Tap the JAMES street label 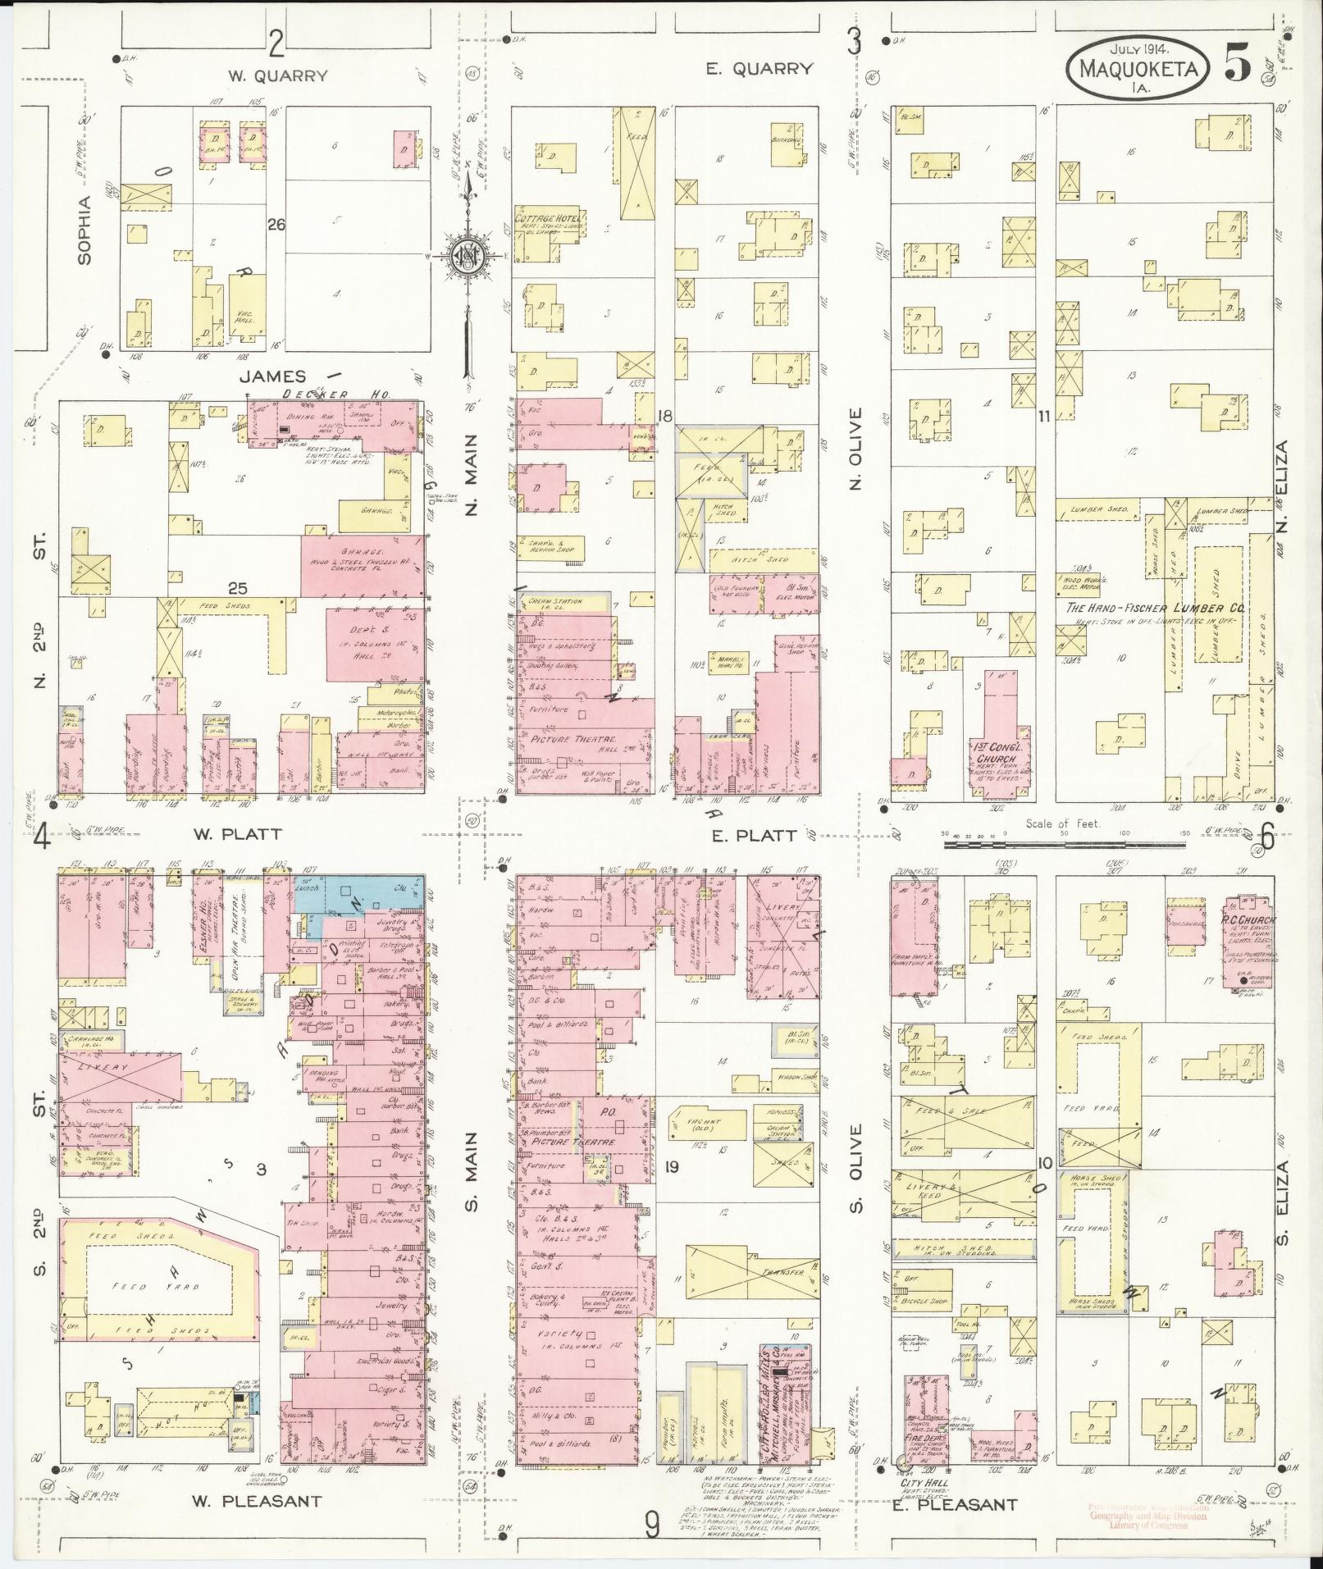(274, 376)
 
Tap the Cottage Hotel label (547, 219)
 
